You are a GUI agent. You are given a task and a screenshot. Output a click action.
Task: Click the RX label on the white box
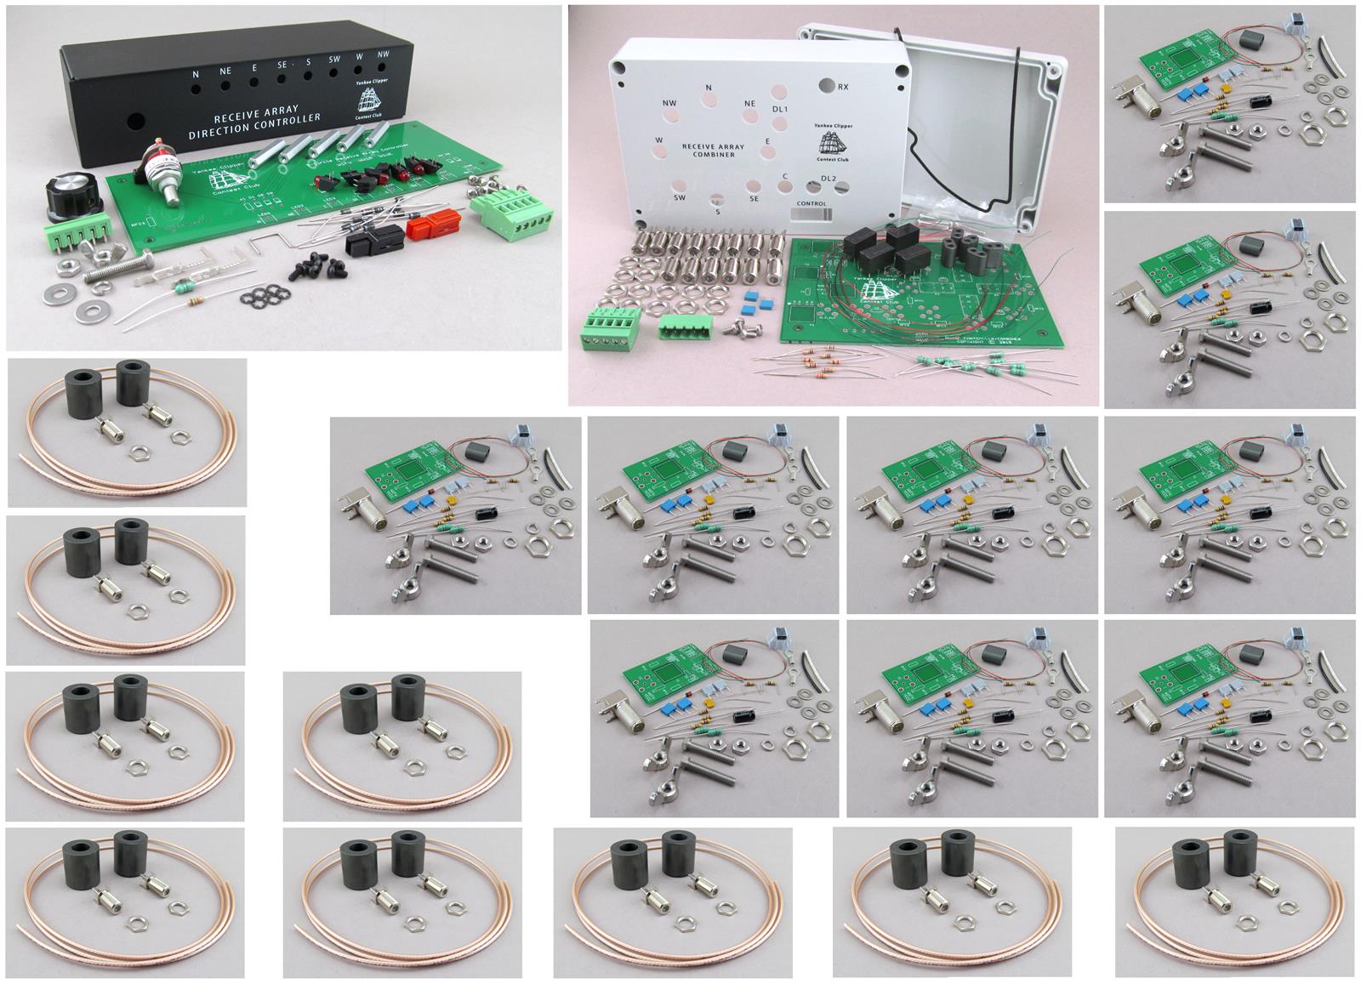pos(843,87)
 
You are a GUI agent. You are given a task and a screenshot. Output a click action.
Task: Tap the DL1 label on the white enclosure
pos(779,111)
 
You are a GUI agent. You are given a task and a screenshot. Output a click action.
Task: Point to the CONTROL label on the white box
pos(811,204)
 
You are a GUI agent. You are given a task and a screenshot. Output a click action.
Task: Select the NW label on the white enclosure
pos(669,104)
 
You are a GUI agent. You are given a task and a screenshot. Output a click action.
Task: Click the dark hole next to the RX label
pos(825,85)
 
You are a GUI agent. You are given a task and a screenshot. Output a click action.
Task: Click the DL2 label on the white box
pos(829,179)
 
